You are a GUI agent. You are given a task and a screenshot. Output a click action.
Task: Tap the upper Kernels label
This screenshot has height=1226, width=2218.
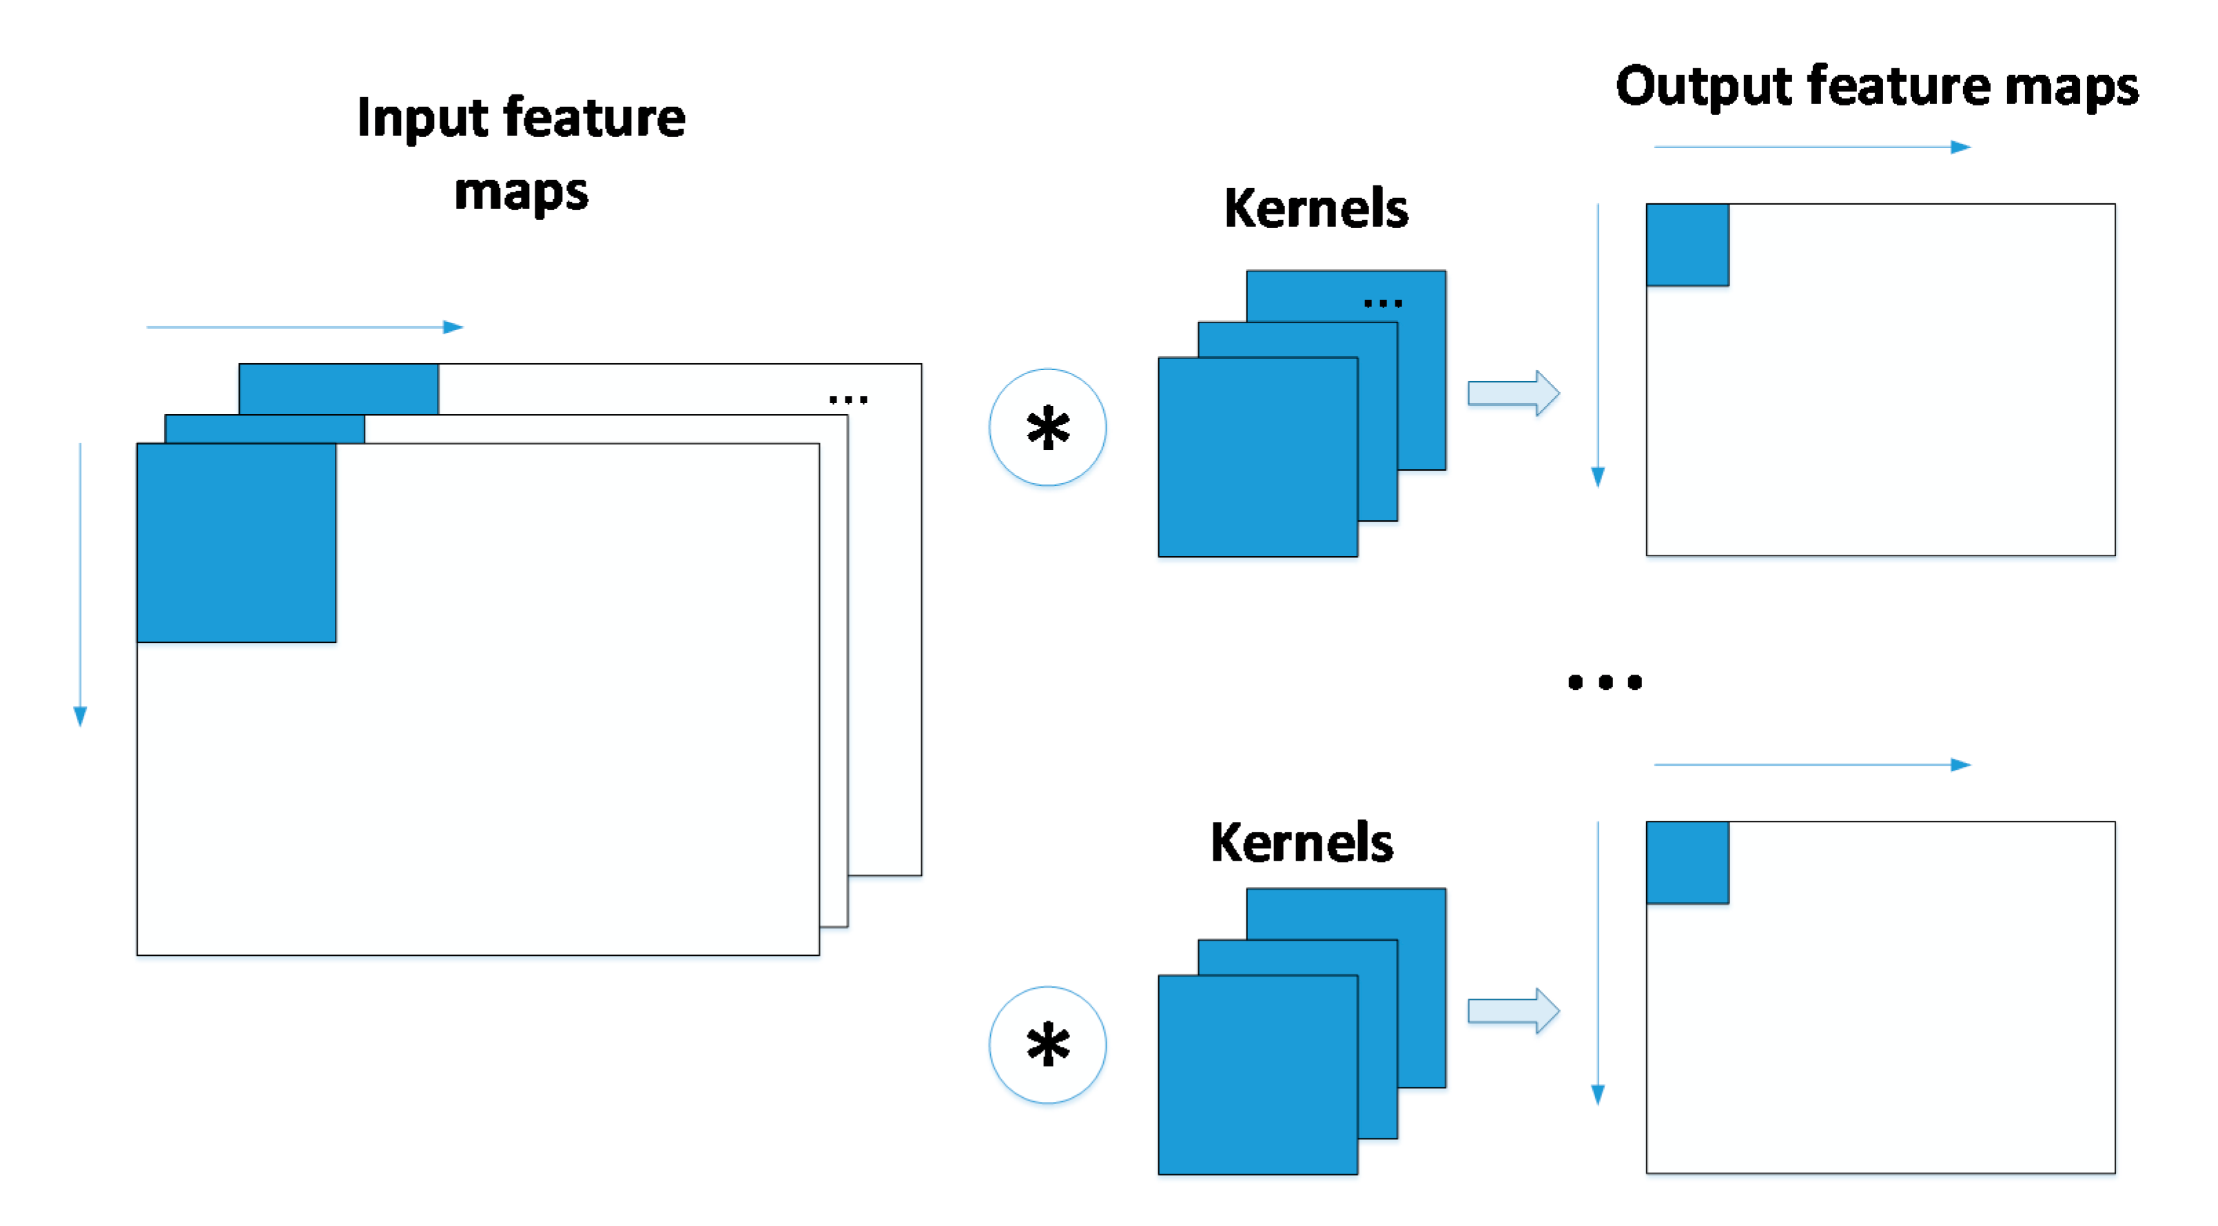click(x=1315, y=210)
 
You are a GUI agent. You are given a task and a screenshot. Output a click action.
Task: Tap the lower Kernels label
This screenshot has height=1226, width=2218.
click(x=1301, y=843)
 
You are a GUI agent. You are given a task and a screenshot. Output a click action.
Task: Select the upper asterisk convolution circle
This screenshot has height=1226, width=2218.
click(x=1047, y=428)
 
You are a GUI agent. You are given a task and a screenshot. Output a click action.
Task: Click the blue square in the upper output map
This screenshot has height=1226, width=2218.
click(x=1687, y=245)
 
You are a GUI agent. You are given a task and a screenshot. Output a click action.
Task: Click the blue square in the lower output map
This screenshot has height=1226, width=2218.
click(x=1687, y=863)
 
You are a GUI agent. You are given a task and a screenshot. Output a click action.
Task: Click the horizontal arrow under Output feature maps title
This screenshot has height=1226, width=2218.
click(x=1811, y=147)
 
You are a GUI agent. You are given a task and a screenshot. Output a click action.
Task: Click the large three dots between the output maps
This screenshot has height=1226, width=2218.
click(x=1604, y=683)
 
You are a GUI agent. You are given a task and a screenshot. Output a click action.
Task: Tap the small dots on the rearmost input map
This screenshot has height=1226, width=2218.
click(x=848, y=400)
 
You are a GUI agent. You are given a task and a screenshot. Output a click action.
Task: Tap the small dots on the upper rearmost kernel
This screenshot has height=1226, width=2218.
click(x=1383, y=303)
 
